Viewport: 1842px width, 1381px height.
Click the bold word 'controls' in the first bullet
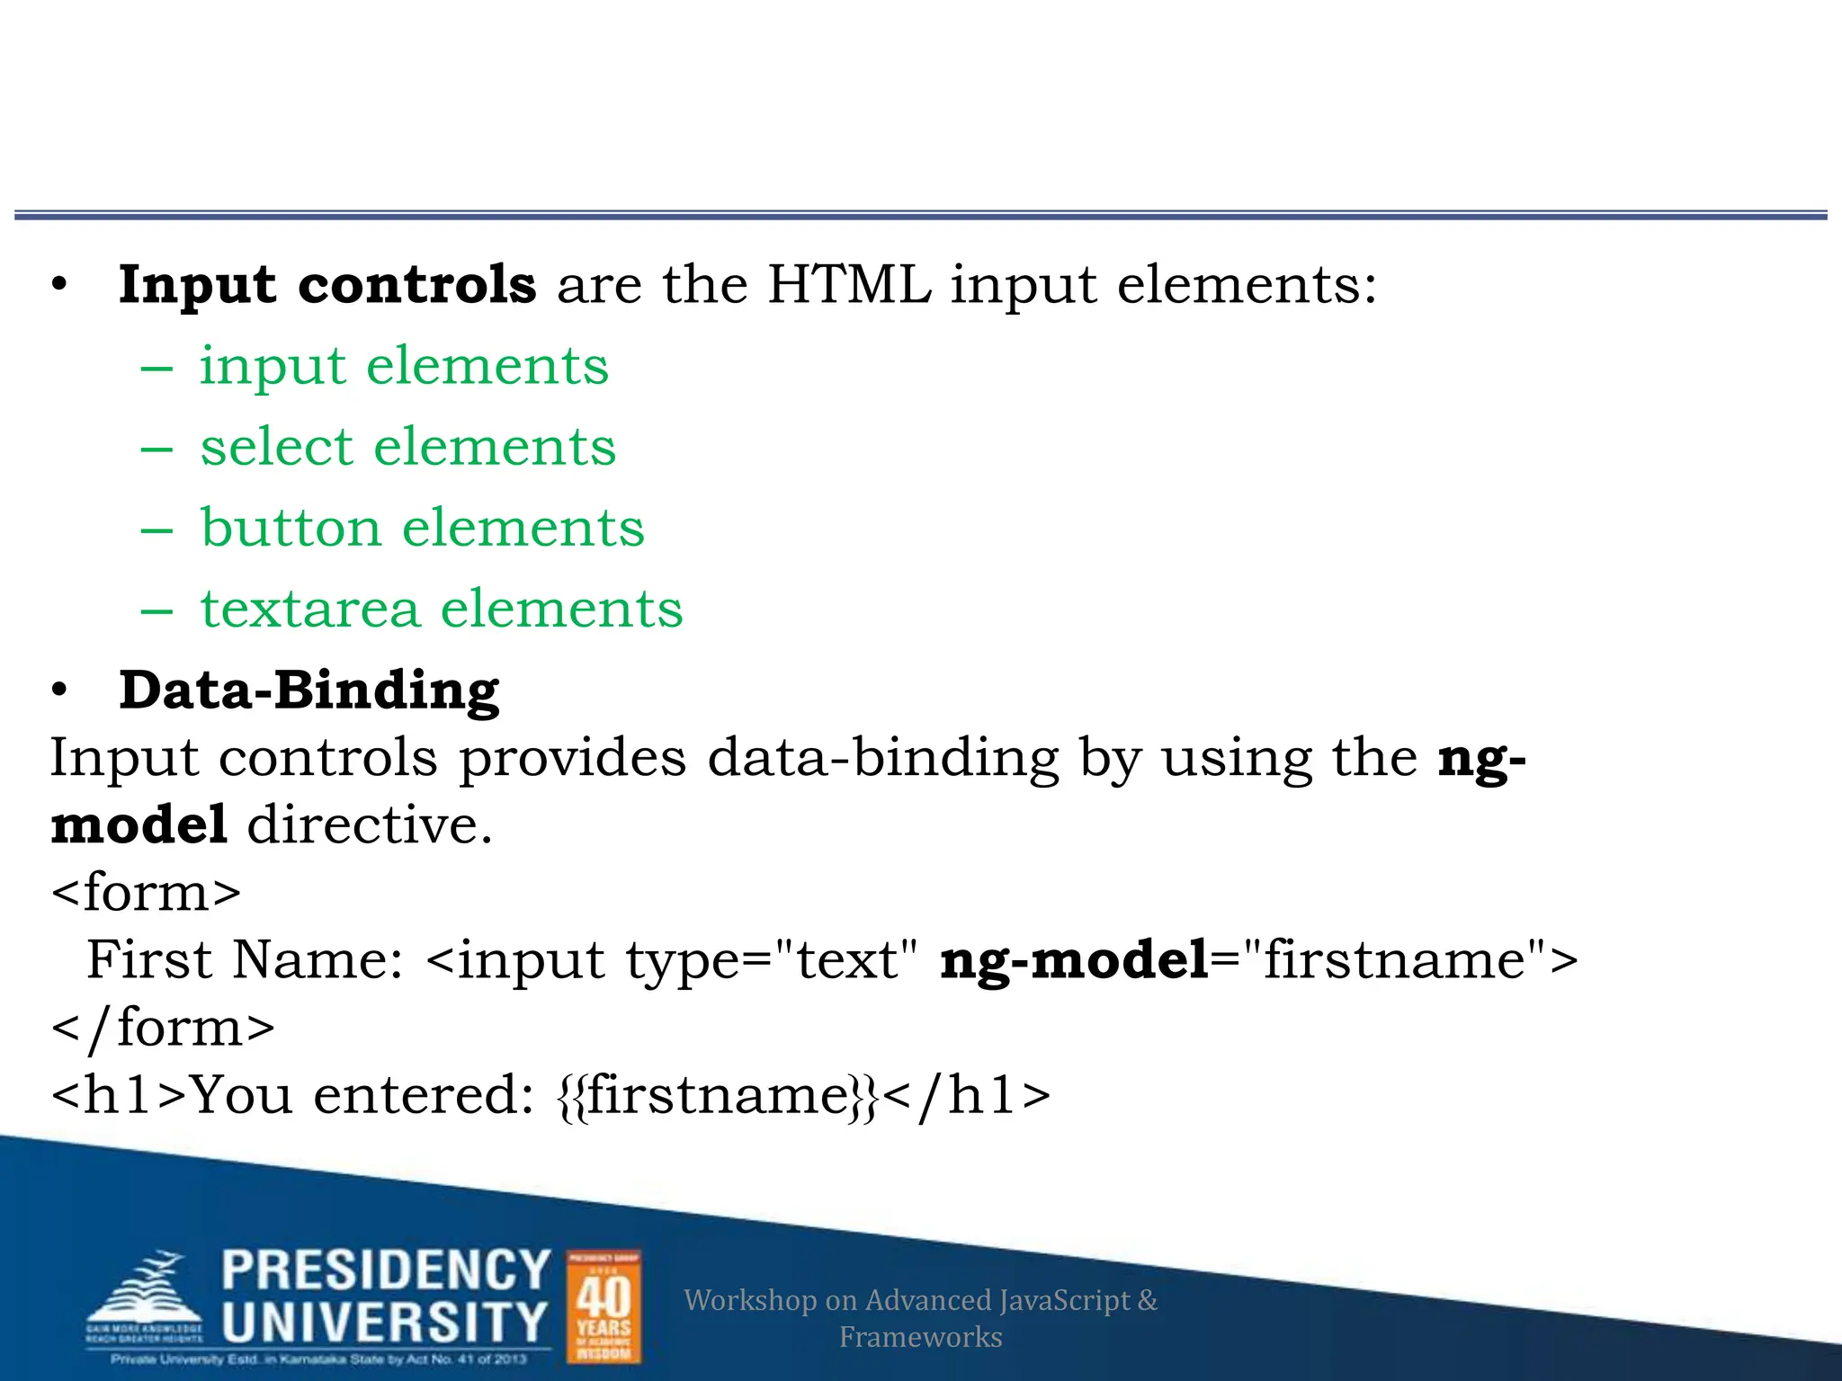click(x=416, y=285)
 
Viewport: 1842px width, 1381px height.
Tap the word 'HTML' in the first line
click(x=849, y=285)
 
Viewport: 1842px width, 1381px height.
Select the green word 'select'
click(x=276, y=447)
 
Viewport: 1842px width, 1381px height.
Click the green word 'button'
click(x=291, y=528)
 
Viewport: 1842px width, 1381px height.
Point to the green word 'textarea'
click(x=310, y=609)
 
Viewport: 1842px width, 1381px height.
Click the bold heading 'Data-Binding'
click(x=308, y=690)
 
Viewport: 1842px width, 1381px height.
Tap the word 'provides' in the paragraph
click(x=573, y=758)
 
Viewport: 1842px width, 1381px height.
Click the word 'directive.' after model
click(x=370, y=825)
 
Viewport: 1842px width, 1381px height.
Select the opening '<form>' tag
click(x=147, y=893)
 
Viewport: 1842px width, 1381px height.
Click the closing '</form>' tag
click(x=163, y=1028)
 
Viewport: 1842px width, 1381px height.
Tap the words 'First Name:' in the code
click(x=245, y=960)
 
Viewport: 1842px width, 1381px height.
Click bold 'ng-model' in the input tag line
click(x=1074, y=960)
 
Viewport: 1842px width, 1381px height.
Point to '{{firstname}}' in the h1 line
click(x=717, y=1096)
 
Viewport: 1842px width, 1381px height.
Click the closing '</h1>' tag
click(x=966, y=1096)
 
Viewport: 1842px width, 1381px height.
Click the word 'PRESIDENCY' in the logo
click(x=386, y=1270)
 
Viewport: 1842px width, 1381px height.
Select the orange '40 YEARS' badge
click(x=604, y=1306)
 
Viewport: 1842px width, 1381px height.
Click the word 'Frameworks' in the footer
click(x=920, y=1337)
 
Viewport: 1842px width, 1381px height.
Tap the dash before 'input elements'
click(x=156, y=368)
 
